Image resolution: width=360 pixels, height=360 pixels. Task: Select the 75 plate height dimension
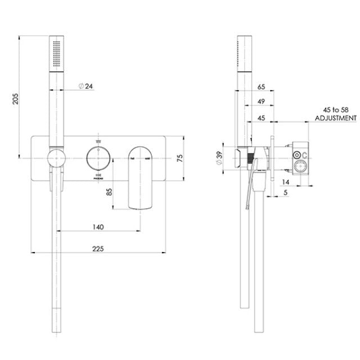point(180,159)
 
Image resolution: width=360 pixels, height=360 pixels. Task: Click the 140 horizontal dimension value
point(97,227)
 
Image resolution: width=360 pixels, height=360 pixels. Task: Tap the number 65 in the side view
point(261,87)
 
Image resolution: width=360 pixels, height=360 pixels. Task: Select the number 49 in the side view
point(261,102)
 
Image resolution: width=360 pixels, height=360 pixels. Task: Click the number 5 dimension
point(286,193)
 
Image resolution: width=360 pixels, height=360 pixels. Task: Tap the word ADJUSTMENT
point(335,118)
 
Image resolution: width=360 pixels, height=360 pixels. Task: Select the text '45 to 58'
point(335,110)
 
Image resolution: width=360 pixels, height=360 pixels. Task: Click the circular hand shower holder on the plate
point(56,159)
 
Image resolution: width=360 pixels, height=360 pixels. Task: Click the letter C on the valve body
point(304,155)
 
